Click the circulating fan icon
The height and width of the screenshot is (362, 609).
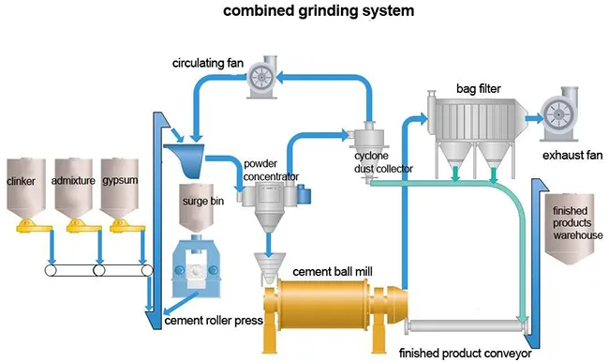coord(262,77)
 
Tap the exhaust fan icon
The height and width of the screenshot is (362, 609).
coord(557,113)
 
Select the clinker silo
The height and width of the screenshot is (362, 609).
coord(26,188)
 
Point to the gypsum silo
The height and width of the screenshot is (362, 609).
coord(119,188)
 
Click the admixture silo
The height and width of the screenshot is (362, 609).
coord(73,188)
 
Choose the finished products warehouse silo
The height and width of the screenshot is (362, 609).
coord(570,228)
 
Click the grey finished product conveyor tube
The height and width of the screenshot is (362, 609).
coord(466,325)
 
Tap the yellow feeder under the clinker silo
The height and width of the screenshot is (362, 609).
coord(33,226)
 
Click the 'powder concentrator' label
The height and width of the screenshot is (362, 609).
coord(271,170)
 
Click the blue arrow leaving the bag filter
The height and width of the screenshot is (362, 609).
coord(535,118)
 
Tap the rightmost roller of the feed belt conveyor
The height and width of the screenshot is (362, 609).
coord(147,270)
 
